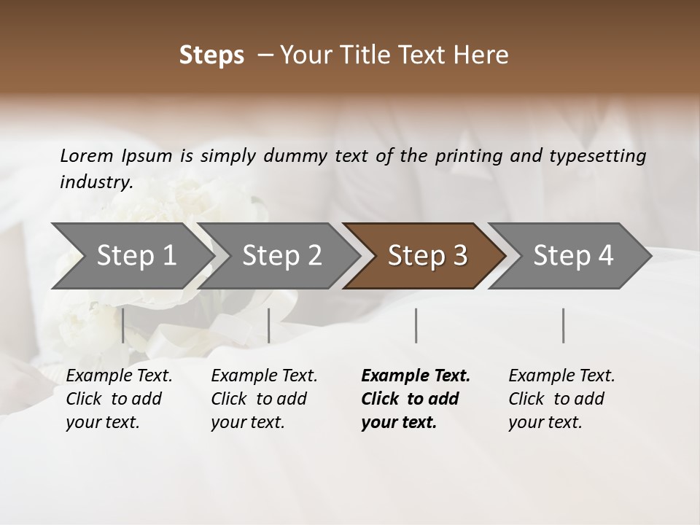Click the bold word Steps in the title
click(x=211, y=55)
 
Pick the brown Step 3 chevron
click(x=427, y=256)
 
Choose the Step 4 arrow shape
click(x=573, y=256)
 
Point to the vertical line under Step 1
click(x=122, y=325)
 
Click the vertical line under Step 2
click(x=269, y=325)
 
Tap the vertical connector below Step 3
click(x=416, y=325)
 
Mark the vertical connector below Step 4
click(x=563, y=325)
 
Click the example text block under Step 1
click(x=119, y=399)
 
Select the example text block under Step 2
click(x=264, y=399)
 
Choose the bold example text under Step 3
click(x=416, y=399)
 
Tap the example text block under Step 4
click(x=561, y=399)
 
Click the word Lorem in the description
click(x=87, y=156)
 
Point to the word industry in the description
click(x=96, y=182)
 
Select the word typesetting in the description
click(x=602, y=156)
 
